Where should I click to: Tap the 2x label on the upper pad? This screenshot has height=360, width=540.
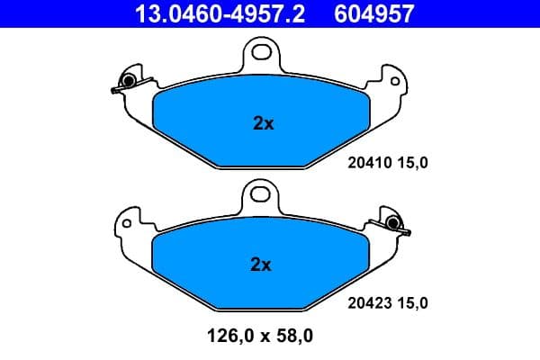click(263, 124)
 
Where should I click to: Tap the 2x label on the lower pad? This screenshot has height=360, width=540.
click(260, 265)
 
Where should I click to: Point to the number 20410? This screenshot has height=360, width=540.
click(366, 162)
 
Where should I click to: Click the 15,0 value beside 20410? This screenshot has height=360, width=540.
click(410, 162)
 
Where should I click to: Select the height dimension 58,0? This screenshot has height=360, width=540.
click(293, 337)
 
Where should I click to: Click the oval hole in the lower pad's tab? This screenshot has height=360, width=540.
click(260, 193)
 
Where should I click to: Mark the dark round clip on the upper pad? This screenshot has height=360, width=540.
click(129, 83)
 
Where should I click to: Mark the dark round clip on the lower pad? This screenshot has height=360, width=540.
click(392, 223)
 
